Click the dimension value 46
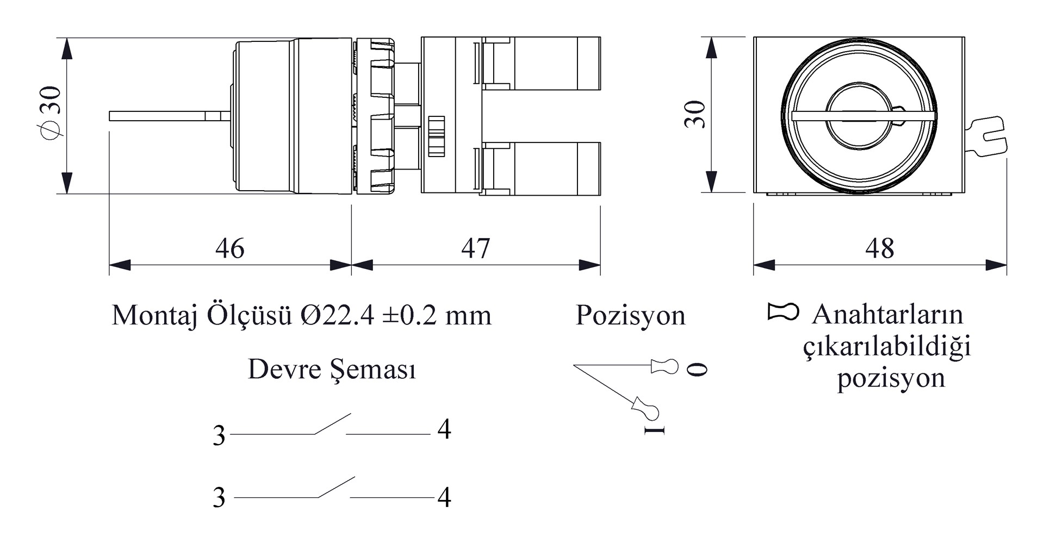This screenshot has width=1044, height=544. coord(230,248)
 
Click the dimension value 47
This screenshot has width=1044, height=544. coord(476,248)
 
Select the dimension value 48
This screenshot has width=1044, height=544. coord(880,248)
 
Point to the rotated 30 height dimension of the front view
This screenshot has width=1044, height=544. coord(695,114)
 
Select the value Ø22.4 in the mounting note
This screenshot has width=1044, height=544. coord(337,315)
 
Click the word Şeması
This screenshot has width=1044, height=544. coord(374,370)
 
